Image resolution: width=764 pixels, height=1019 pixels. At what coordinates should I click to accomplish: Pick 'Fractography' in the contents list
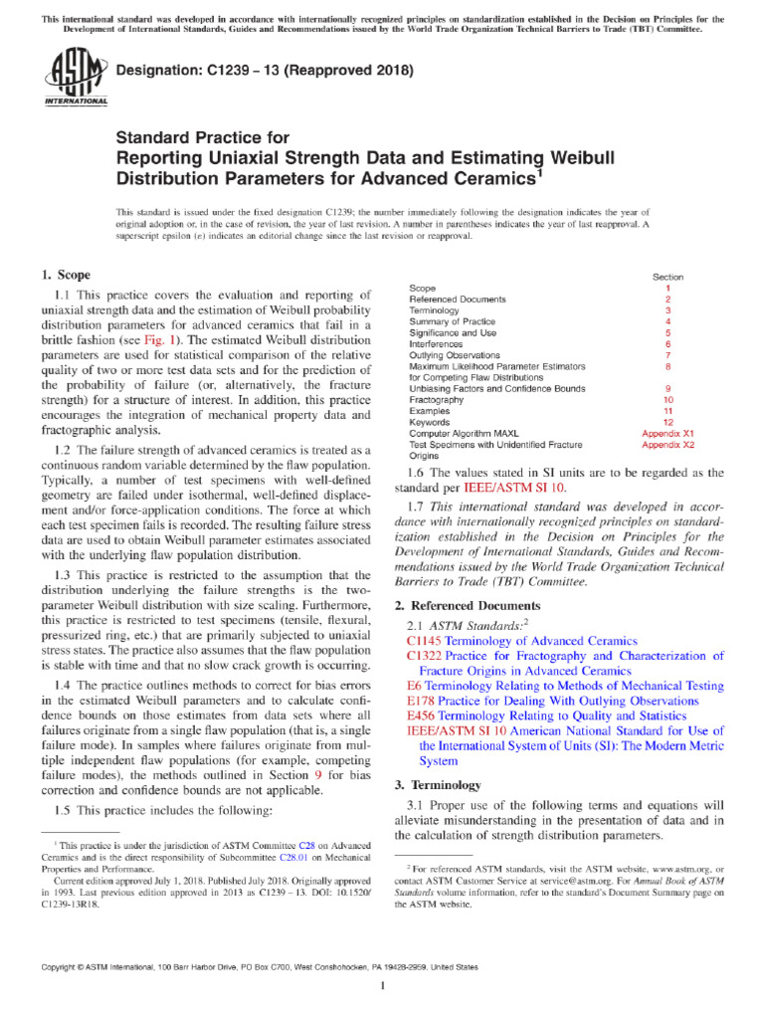point(437,400)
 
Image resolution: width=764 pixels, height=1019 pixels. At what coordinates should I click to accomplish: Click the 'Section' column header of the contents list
point(668,276)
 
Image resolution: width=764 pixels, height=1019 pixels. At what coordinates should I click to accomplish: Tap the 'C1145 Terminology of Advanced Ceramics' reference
point(522,642)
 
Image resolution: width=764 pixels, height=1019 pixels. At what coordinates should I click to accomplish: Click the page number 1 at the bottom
point(382,985)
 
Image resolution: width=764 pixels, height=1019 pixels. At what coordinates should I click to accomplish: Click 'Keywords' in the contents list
point(430,423)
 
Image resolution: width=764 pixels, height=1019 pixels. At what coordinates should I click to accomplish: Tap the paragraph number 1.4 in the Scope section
point(61,686)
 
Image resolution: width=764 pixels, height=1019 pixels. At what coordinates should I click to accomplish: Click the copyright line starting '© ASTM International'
point(258,966)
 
